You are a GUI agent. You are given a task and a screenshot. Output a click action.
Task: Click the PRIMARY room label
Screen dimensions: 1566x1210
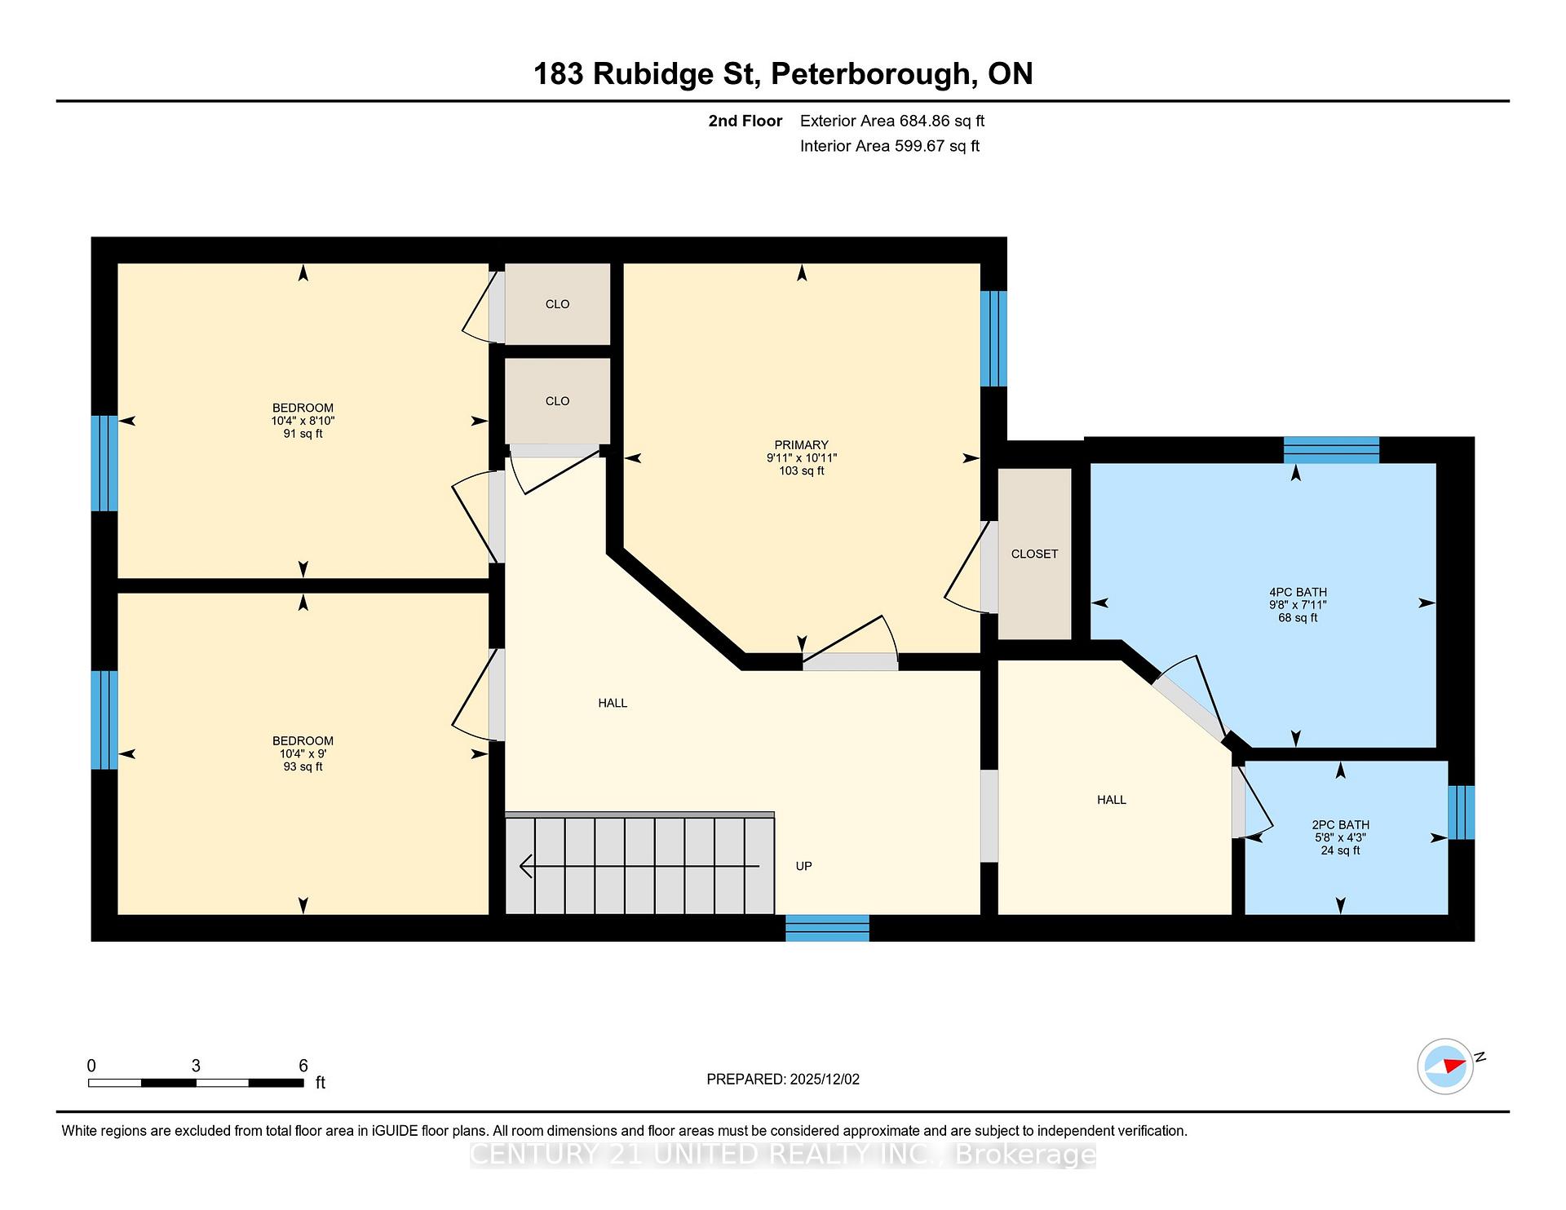[x=801, y=444]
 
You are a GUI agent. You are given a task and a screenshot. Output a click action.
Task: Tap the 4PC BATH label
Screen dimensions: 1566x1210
[x=1298, y=592]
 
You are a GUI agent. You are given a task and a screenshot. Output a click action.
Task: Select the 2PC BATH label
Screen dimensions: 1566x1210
[x=1340, y=824]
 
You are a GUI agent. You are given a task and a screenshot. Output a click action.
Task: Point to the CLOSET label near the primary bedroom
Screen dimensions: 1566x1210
[x=1034, y=554]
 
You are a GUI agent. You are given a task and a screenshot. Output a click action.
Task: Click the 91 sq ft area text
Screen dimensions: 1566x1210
[x=303, y=434]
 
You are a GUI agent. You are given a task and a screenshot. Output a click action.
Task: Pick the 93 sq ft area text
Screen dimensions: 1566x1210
[x=303, y=766]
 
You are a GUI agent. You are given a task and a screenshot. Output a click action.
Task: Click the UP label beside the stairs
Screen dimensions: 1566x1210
[x=803, y=866]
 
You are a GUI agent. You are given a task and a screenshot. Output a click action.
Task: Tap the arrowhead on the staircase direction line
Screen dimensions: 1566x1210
[x=526, y=866]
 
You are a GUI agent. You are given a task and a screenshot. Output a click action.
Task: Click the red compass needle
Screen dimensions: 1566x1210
[x=1454, y=1065]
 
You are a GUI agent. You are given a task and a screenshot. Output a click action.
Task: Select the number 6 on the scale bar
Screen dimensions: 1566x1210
[x=303, y=1066]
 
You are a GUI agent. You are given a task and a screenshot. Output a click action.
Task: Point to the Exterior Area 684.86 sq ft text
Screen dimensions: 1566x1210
[x=892, y=121]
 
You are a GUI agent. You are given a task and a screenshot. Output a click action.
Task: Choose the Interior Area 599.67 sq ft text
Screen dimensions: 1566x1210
[x=890, y=146]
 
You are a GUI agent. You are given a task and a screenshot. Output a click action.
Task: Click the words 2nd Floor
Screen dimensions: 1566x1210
[x=745, y=121]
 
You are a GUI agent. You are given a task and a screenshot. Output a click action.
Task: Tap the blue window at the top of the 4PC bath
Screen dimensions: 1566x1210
[x=1331, y=450]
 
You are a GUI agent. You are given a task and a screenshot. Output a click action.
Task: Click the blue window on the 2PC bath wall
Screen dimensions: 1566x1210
[x=1462, y=812]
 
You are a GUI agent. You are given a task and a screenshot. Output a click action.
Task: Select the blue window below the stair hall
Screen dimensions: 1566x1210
[x=827, y=928]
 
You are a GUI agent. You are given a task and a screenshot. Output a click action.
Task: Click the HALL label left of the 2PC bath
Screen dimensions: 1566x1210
[x=1111, y=800]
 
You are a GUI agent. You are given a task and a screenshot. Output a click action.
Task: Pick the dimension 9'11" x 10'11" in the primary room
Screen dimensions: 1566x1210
[x=801, y=457]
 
